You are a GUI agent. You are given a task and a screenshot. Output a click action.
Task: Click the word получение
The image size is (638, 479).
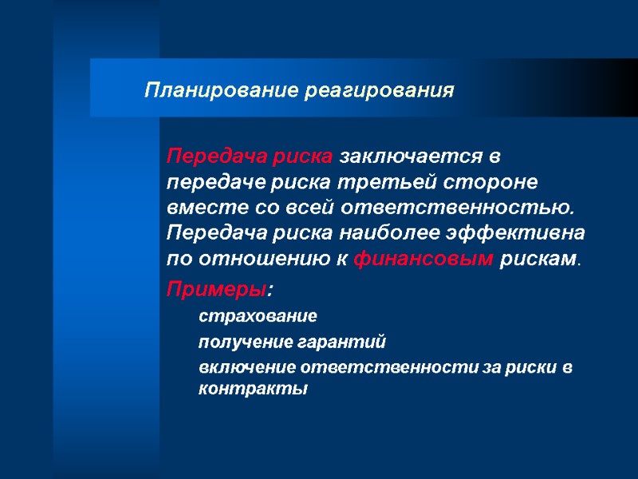coord(238,342)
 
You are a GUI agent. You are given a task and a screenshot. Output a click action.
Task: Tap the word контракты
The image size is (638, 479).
coord(252,390)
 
